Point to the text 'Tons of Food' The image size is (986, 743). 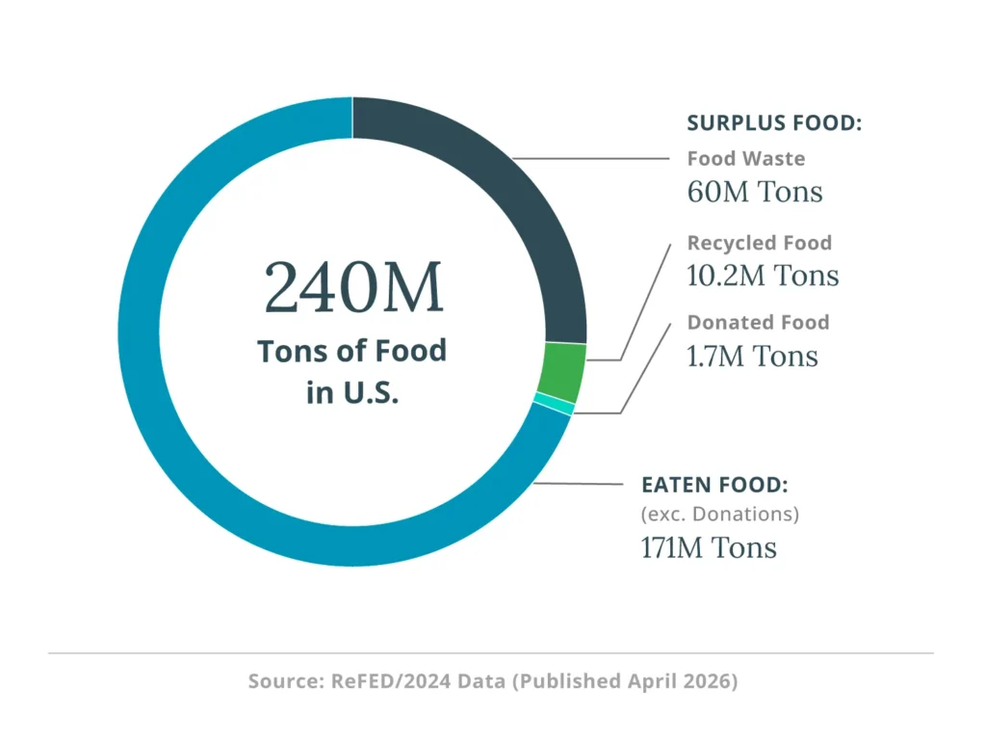[x=352, y=350]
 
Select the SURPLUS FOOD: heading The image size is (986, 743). [x=774, y=123]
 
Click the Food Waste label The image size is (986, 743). [x=746, y=159]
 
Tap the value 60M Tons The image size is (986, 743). [x=755, y=192]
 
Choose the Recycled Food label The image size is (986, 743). [x=759, y=243]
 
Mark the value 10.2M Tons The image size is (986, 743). [x=763, y=276]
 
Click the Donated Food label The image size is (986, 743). [x=758, y=322]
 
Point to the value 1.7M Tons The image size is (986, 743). [x=752, y=356]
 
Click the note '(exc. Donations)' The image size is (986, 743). [x=720, y=514]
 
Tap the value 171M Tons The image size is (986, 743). [x=709, y=547]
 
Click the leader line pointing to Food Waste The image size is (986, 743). [x=592, y=158]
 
